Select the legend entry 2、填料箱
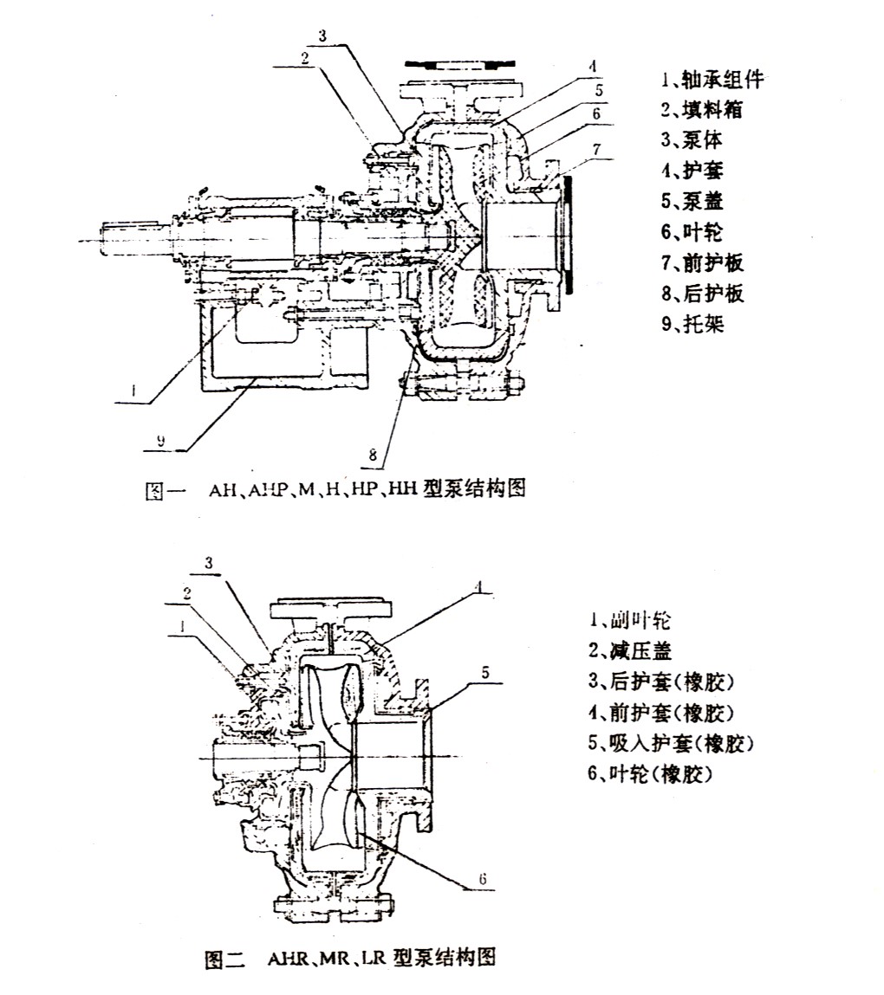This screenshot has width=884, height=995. point(701,110)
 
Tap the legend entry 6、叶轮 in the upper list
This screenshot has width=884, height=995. point(692,232)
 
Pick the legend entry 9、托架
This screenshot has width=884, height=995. point(692,325)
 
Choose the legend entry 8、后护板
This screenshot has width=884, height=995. point(701,294)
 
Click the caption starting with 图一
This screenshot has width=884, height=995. point(335,489)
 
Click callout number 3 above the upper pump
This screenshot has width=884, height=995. point(321,36)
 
